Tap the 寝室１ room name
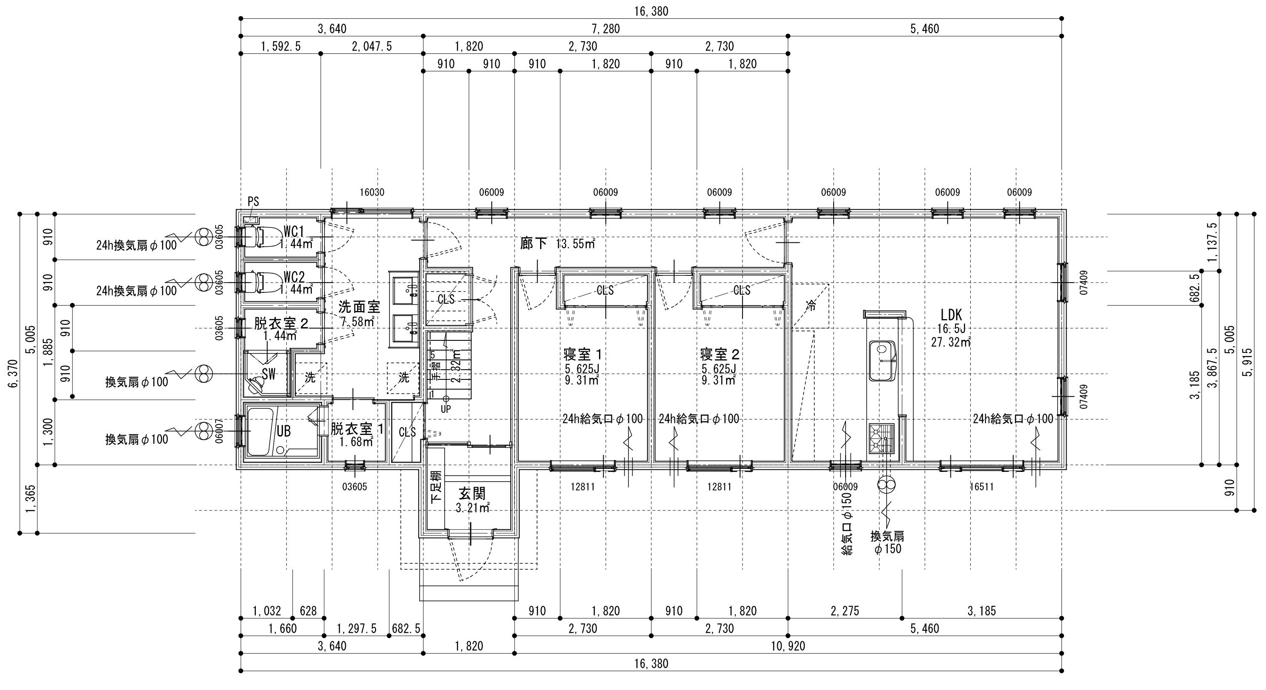coord(583,354)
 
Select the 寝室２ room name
coord(720,354)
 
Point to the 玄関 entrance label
coord(472,494)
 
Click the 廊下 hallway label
coord(534,244)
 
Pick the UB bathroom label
coord(283,431)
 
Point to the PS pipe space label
coord(253,202)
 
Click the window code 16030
coord(372,193)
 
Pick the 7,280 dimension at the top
coord(605,29)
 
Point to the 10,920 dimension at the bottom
coord(788,646)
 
